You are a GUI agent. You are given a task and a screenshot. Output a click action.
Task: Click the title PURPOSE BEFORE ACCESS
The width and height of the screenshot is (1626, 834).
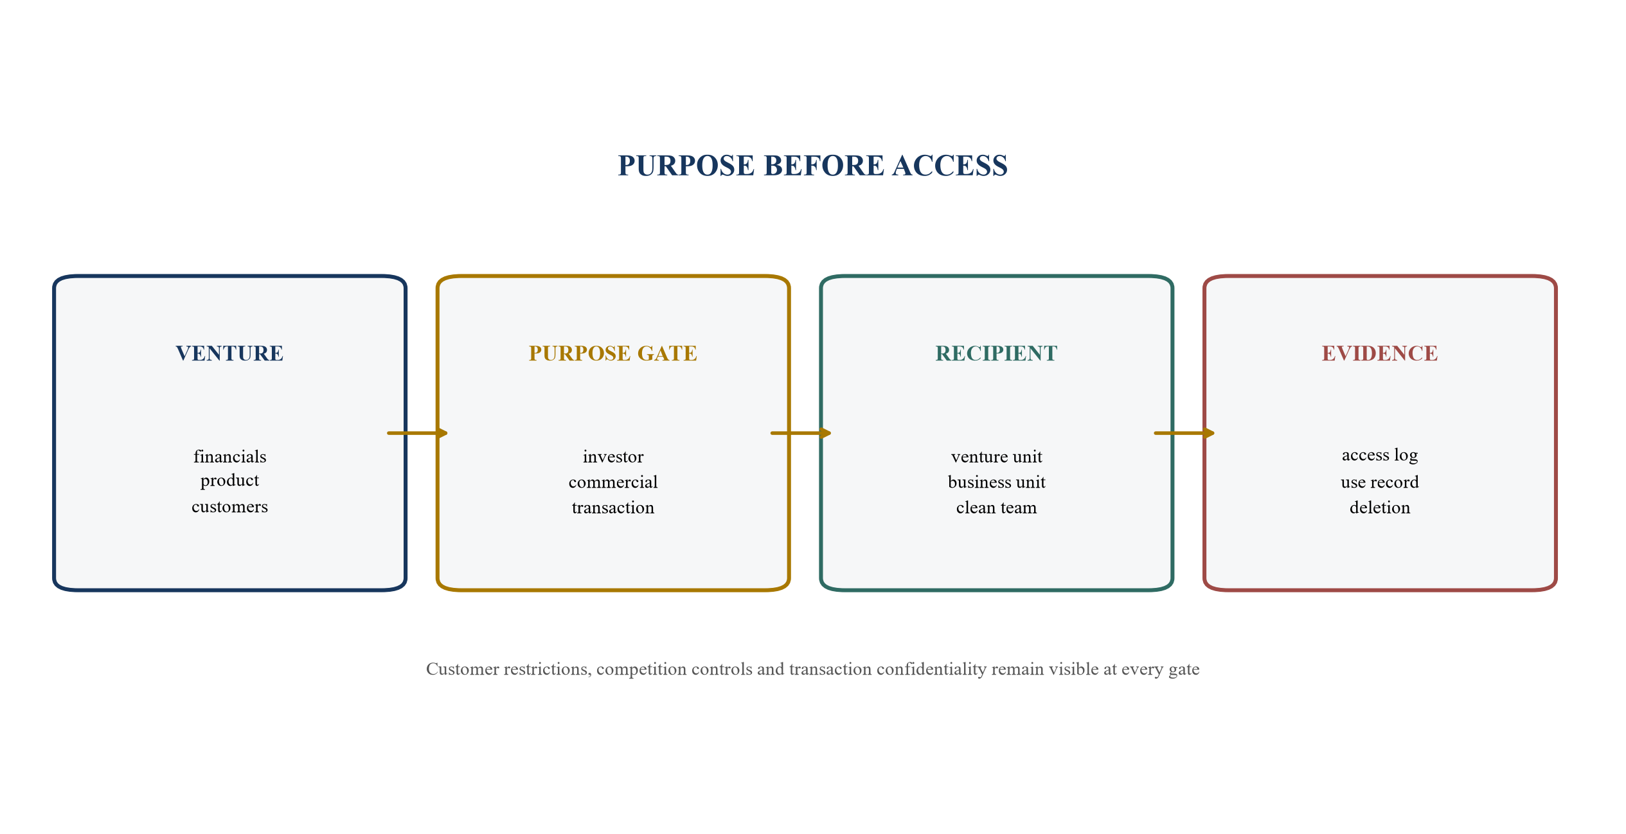pos(812,166)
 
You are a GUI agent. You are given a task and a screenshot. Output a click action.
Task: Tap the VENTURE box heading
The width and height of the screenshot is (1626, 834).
pos(229,353)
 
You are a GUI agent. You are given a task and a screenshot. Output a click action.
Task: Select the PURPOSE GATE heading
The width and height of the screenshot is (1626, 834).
pos(613,353)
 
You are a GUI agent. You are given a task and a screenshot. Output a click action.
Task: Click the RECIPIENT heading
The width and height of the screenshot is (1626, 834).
pos(996,353)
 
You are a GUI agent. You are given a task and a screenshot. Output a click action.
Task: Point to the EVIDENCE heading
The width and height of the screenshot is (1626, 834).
pos(1380,353)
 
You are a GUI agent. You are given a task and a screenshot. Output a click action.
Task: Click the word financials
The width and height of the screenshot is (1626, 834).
pos(229,456)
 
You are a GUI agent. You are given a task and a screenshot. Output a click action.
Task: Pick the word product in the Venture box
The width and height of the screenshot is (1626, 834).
pos(229,481)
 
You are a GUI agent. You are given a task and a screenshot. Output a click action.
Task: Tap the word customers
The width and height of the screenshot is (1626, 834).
pos(229,507)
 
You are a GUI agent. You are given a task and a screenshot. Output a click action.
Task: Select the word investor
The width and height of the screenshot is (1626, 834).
pos(613,457)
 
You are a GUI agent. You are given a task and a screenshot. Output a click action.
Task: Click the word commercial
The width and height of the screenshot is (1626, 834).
pos(613,482)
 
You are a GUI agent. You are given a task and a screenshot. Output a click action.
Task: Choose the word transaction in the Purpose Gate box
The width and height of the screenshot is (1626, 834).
pos(613,508)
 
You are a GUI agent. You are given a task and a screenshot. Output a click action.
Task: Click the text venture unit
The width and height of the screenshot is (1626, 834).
pos(996,457)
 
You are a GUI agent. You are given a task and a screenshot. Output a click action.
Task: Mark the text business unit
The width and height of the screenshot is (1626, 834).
pos(996,482)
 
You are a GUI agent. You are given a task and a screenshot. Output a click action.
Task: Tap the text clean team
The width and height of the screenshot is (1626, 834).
pos(996,508)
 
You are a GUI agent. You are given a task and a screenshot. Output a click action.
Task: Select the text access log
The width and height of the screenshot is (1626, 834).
pos(1380,456)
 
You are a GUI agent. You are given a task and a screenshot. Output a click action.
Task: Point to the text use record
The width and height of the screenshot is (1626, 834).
pos(1380,482)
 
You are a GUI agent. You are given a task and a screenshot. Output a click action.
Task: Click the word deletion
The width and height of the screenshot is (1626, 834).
pos(1380,508)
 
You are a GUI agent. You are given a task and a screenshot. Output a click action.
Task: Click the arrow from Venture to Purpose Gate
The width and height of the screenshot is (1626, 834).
pos(417,433)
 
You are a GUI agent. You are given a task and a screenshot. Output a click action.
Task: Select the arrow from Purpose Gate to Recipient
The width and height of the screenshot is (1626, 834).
pos(801,433)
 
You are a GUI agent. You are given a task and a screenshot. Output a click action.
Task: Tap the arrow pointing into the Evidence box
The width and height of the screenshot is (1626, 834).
pos(1184,433)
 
